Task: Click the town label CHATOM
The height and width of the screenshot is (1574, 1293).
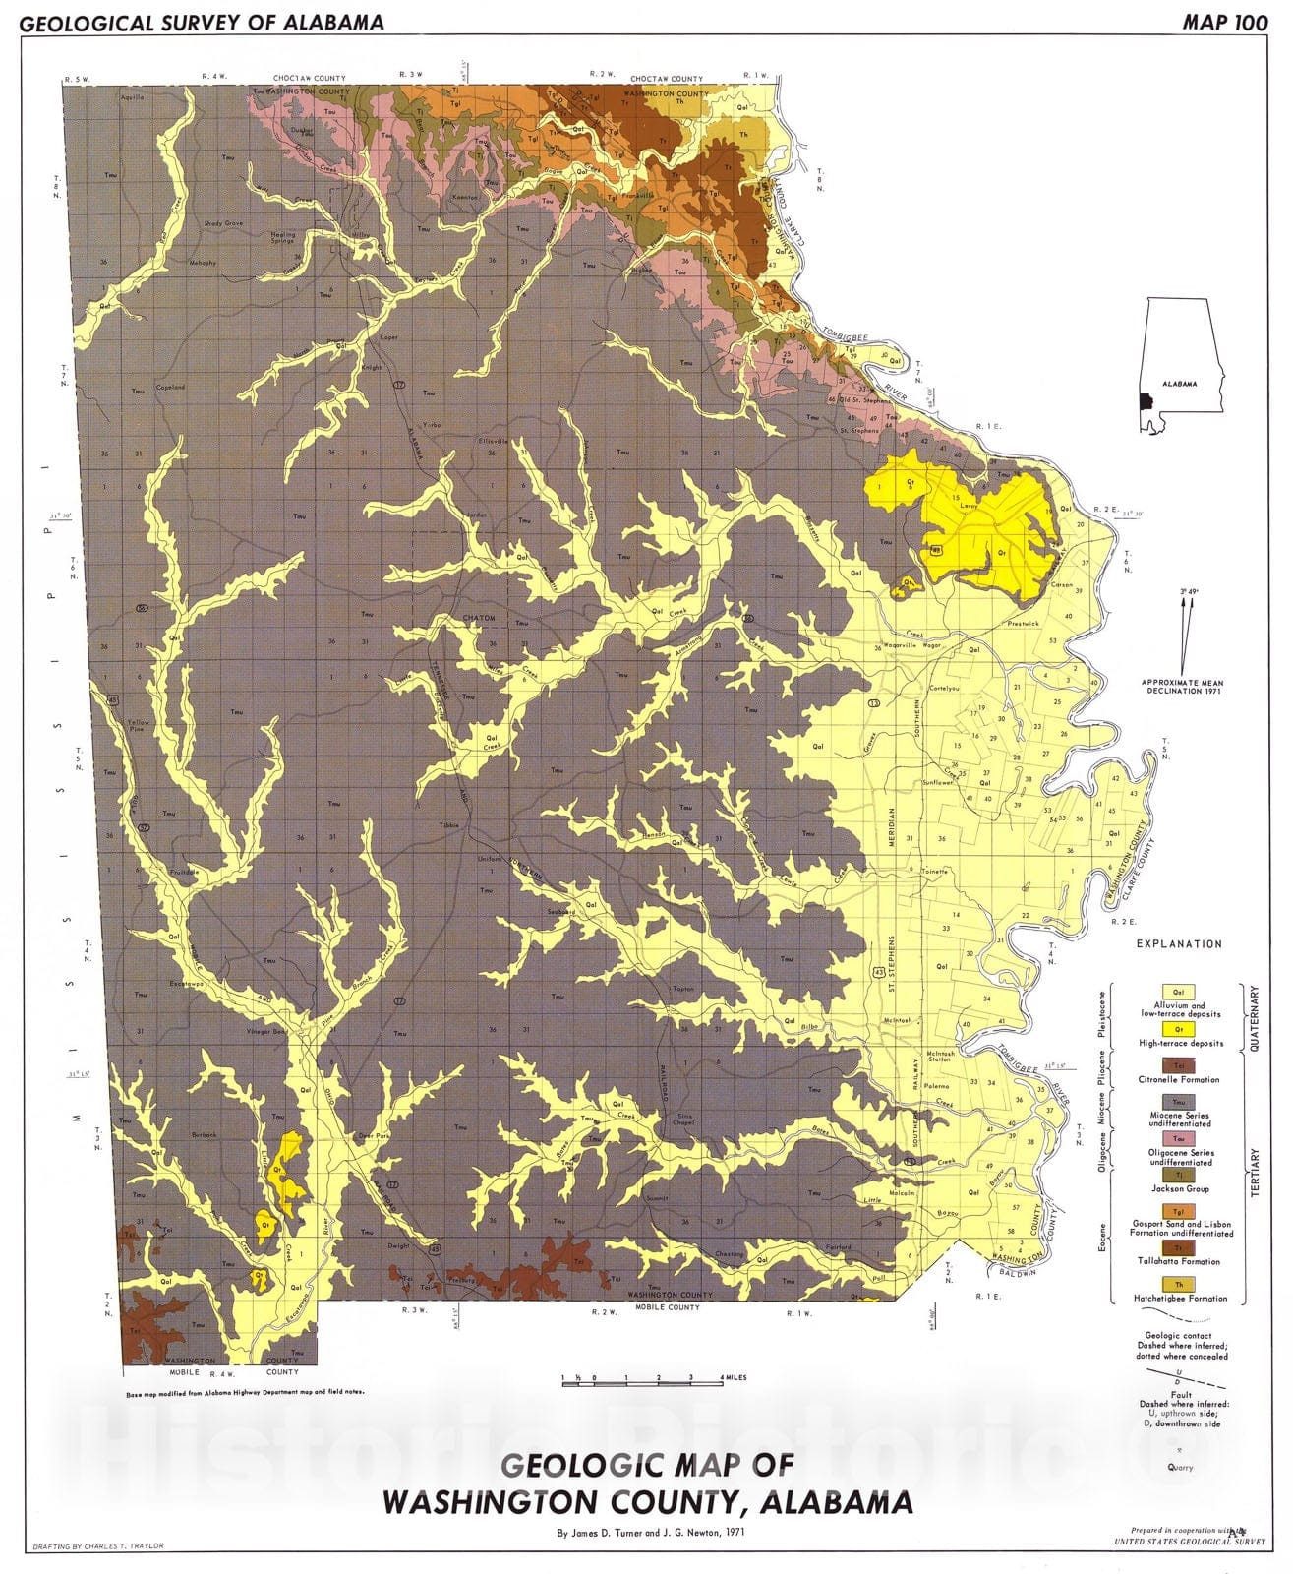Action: click(x=479, y=618)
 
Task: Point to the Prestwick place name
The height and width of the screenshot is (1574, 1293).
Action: click(x=1023, y=623)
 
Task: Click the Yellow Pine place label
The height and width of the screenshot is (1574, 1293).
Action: click(x=139, y=728)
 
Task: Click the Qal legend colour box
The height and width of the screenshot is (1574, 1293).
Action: click(x=1179, y=992)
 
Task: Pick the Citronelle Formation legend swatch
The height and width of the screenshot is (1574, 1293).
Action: click(x=1179, y=1065)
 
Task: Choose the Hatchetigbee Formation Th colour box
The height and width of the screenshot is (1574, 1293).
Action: click(x=1179, y=1284)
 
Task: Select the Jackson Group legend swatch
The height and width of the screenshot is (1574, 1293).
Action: click(x=1179, y=1175)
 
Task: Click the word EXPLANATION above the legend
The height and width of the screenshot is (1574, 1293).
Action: click(x=1179, y=943)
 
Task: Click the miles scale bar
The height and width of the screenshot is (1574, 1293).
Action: click(x=642, y=1383)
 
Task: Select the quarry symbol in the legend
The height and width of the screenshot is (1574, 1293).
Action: click(x=1180, y=1450)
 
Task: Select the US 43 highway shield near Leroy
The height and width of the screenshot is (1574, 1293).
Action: click(x=936, y=549)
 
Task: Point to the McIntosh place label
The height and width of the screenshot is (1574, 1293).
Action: click(x=898, y=1020)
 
